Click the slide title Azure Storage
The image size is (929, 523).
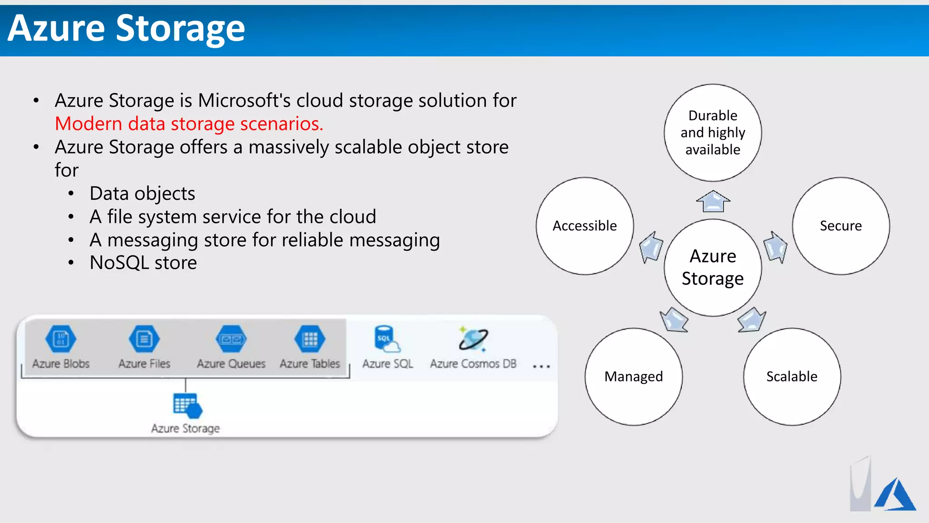[127, 28]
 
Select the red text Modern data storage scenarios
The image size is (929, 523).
[189, 124]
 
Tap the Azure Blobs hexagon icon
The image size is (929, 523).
[61, 339]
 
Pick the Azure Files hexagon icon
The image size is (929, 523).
[144, 339]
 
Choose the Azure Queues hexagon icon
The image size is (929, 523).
[231, 339]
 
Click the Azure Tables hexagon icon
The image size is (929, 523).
[310, 339]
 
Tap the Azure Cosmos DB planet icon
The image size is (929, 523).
[473, 339]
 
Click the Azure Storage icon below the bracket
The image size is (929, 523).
[186, 405]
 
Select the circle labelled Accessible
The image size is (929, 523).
[585, 226]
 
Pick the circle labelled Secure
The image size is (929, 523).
[841, 226]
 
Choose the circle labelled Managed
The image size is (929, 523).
[634, 376]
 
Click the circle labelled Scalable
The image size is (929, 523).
[792, 376]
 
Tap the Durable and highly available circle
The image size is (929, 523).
[713, 133]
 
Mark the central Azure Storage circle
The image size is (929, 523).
[713, 267]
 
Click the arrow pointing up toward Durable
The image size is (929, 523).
[713, 201]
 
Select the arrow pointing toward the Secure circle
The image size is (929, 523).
[775, 247]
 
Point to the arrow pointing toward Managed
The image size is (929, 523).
[674, 320]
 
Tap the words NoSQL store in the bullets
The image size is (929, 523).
[143, 263]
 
